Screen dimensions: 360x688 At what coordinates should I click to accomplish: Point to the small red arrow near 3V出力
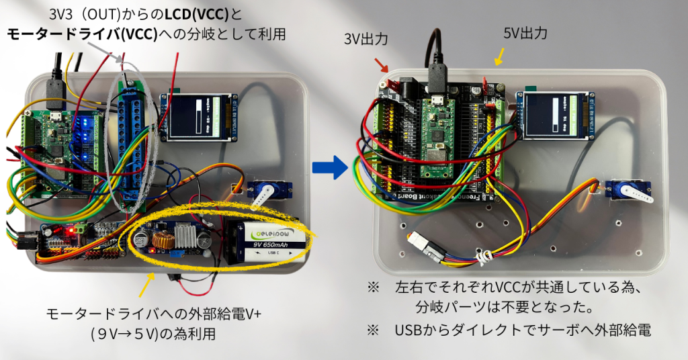(382, 65)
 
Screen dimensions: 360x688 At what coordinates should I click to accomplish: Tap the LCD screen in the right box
(553, 116)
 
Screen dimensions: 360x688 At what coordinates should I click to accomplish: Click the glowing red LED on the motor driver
(69, 231)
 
